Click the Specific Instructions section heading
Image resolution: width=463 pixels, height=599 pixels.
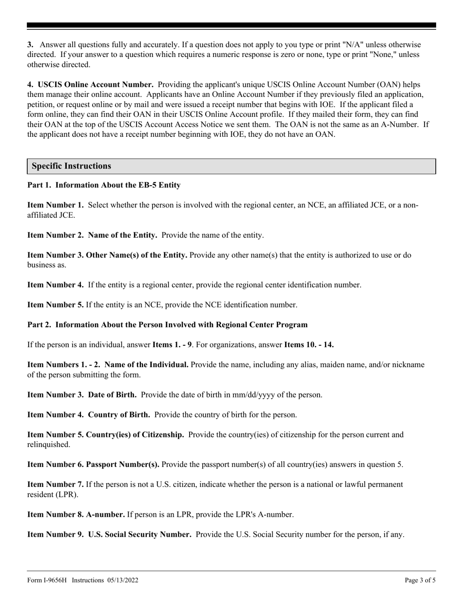tap(72, 166)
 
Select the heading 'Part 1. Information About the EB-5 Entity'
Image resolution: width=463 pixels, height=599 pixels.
tap(104, 185)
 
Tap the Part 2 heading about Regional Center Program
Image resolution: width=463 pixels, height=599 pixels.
tap(167, 324)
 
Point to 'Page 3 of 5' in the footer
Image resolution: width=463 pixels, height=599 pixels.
tap(420, 580)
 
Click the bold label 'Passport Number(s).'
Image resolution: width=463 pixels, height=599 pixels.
tap(122, 465)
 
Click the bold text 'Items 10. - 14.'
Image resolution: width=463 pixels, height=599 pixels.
tap(309, 345)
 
